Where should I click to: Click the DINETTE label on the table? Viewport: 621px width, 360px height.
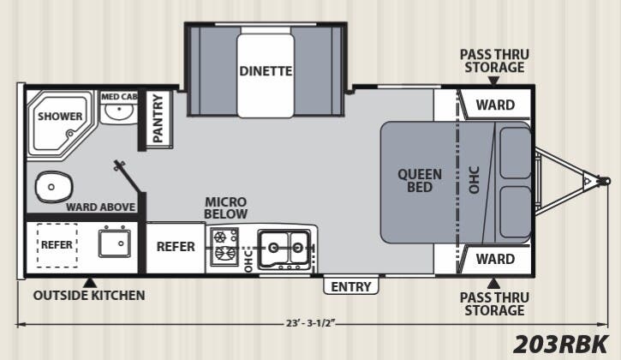266,71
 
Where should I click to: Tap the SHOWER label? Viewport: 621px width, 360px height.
60,117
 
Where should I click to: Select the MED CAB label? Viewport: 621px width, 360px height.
119,96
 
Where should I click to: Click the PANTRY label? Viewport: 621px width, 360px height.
158,118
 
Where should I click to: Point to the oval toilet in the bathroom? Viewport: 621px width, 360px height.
54,187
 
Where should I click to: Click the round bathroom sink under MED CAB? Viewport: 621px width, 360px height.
117,113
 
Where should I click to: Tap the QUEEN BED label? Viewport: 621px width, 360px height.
420,180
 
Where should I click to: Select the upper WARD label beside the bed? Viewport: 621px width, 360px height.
495,105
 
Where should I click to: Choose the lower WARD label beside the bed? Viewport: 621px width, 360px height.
495,259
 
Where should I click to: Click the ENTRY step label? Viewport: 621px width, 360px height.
351,286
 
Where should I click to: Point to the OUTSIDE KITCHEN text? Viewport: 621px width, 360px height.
89,296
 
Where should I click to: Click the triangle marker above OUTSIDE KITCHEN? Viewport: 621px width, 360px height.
90,282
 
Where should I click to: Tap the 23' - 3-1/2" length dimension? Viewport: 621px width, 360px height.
310,323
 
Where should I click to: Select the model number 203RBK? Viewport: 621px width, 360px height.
561,344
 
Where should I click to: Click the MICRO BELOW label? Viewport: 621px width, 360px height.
226,207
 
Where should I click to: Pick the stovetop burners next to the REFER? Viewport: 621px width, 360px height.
224,247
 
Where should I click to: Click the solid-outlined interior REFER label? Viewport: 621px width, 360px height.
176,247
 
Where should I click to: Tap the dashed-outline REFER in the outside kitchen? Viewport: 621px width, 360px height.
57,245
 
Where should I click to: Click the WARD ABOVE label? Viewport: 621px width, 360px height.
100,207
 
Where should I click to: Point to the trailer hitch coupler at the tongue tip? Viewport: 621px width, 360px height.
603,181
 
